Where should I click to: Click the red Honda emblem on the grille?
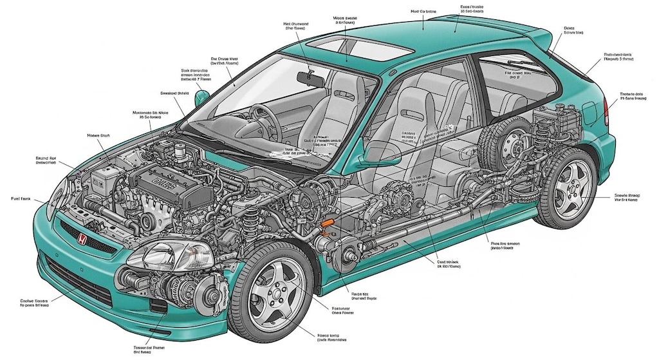coord(82,239)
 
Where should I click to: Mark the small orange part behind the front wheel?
coord(328,222)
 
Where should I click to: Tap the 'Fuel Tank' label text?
coord(22,199)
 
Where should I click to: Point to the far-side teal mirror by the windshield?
coord(201,97)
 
